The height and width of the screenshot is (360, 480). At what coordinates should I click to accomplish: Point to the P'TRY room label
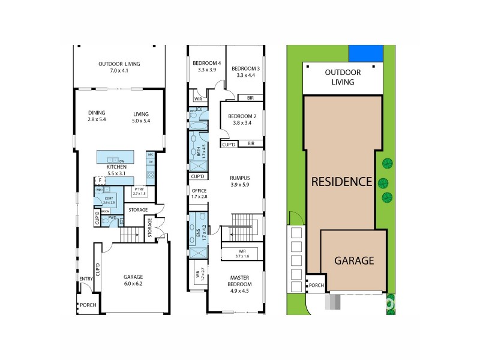[139, 191]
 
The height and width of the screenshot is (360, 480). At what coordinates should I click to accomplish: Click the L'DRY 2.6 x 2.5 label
[109, 201]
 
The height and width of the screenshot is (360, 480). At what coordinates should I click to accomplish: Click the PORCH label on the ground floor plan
[88, 305]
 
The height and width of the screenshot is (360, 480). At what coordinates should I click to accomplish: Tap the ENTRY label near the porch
[86, 278]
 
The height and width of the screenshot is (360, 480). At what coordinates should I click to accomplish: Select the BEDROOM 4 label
[206, 66]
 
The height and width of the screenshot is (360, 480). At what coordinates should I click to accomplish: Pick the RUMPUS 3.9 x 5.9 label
[239, 181]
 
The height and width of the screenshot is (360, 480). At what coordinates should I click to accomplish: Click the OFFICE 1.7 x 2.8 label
[199, 194]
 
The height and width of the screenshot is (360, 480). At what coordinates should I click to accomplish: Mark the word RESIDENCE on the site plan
[341, 181]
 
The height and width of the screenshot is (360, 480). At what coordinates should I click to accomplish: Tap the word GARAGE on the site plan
[354, 261]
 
